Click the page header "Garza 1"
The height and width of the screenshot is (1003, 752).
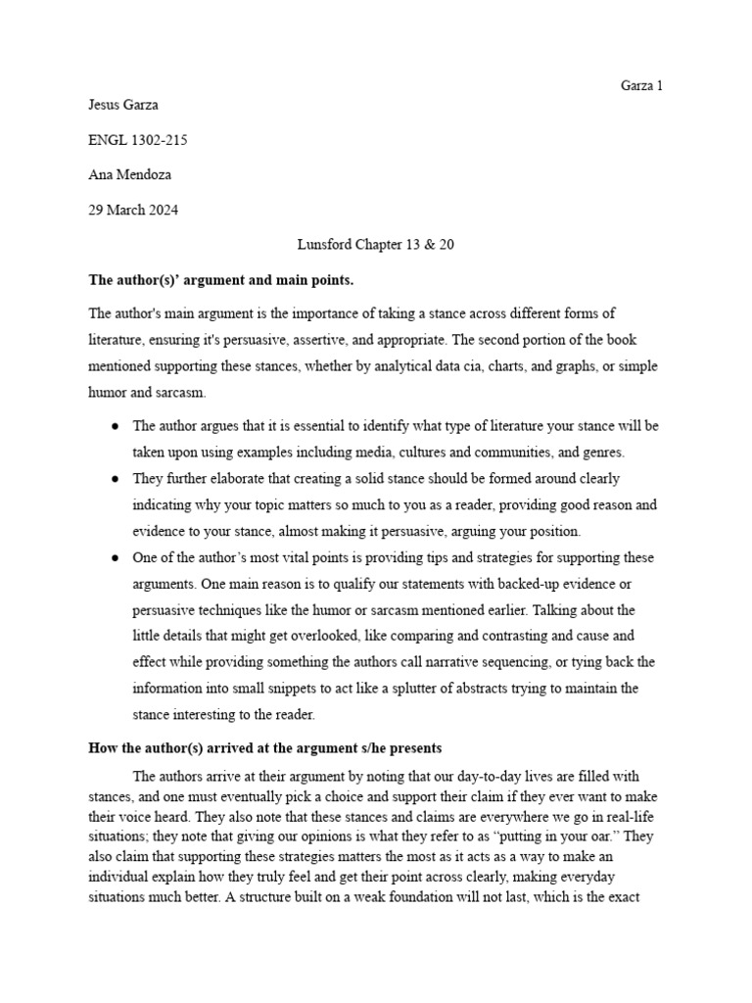(641, 85)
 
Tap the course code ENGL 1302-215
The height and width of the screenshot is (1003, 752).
(138, 140)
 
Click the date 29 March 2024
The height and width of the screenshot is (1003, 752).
(134, 210)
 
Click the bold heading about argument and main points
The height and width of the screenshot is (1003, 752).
(220, 280)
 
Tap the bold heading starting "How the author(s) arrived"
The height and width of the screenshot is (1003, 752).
(264, 747)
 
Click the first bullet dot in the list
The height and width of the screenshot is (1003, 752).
(116, 426)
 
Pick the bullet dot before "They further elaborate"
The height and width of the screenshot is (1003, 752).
(116, 479)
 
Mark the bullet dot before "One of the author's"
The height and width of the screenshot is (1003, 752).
(116, 557)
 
